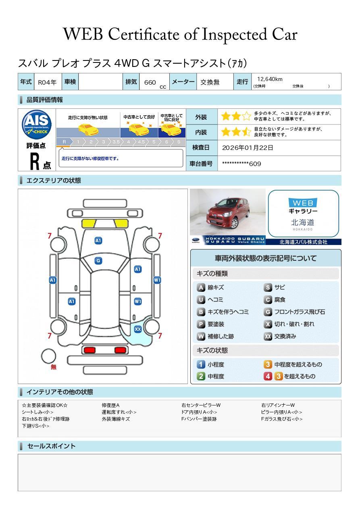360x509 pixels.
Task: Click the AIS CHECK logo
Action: pos(37,124)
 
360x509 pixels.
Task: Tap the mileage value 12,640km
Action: pos(270,79)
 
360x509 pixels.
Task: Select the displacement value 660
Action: pos(150,82)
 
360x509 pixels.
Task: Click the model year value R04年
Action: pos(47,82)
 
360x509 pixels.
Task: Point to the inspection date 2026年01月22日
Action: pos(248,148)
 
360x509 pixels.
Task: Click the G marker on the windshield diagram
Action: pos(98,261)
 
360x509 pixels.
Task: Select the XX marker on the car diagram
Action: pos(138,329)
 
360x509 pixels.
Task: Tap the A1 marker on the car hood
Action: pos(98,241)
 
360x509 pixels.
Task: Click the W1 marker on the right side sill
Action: pos(157,280)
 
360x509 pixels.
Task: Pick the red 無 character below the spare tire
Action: pos(53,367)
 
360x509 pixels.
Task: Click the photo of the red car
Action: pos(228,212)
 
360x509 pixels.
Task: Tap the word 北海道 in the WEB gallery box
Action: pos(302,222)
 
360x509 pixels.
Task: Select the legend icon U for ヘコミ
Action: pos(201,300)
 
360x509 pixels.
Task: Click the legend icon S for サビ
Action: pos(268,287)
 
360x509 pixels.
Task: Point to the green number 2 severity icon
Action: pos(201,376)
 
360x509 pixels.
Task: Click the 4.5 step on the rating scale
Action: pos(141,142)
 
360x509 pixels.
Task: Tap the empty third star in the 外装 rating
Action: pos(246,116)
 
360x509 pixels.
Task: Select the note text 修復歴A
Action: pos(110,405)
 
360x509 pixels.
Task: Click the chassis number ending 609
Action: pos(241,164)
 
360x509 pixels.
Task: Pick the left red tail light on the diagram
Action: pos(89,350)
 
